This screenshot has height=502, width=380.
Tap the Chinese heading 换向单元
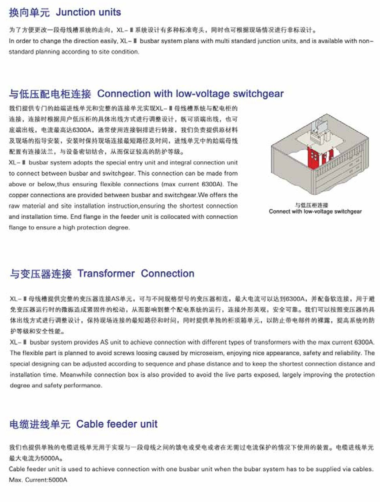[29, 13]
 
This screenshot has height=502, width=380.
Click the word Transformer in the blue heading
[106, 274]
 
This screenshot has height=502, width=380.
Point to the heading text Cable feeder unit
[117, 424]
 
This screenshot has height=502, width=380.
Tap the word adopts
[83, 163]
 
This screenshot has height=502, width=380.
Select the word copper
[19, 195]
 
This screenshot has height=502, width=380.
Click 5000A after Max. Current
[58, 480]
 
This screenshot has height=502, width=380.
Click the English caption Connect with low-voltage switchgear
[315, 212]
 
